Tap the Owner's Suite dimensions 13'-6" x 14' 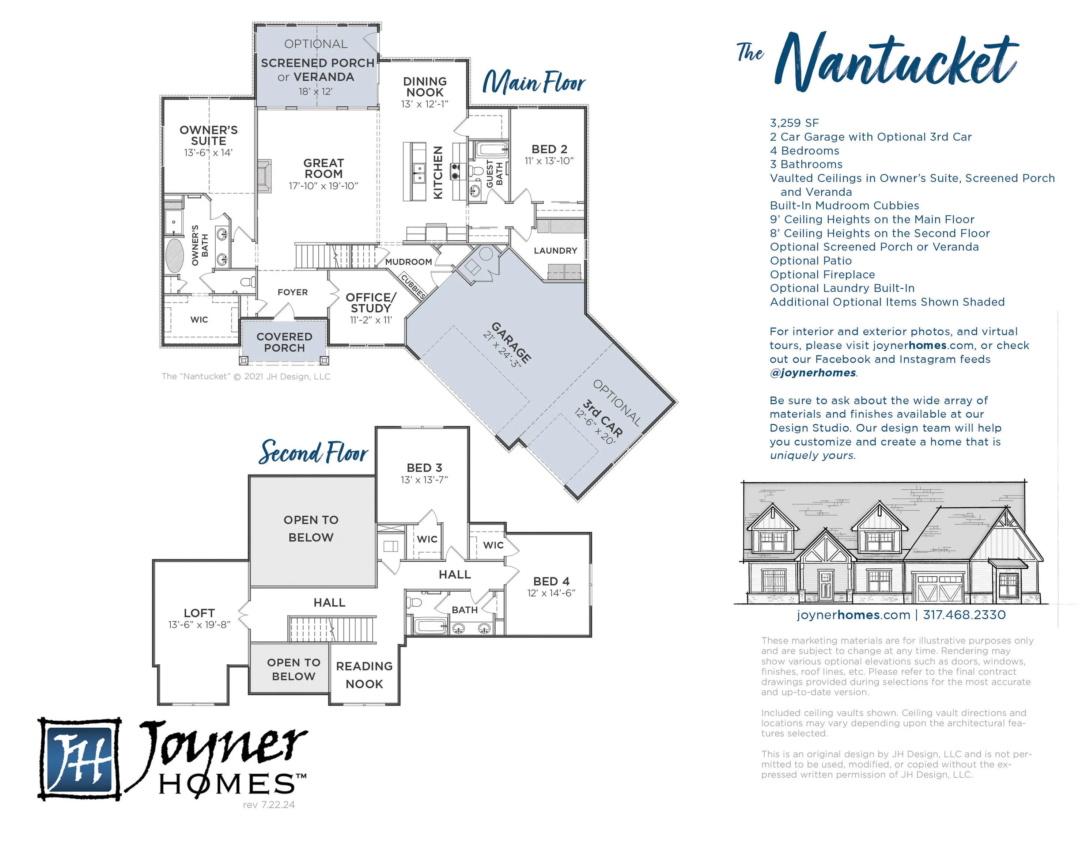pos(208,153)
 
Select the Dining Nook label pos(425,87)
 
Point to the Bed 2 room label pos(549,149)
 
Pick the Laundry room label pos(556,251)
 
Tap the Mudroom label pos(408,262)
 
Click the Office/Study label pos(371,303)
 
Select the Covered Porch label pos(284,342)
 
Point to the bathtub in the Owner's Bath pos(175,255)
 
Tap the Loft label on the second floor pos(199,613)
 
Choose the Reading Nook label pos(364,675)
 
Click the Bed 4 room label pos(551,581)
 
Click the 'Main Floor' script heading pos(534,82)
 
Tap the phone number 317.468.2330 pos(964,615)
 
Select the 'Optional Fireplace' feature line pos(822,274)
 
